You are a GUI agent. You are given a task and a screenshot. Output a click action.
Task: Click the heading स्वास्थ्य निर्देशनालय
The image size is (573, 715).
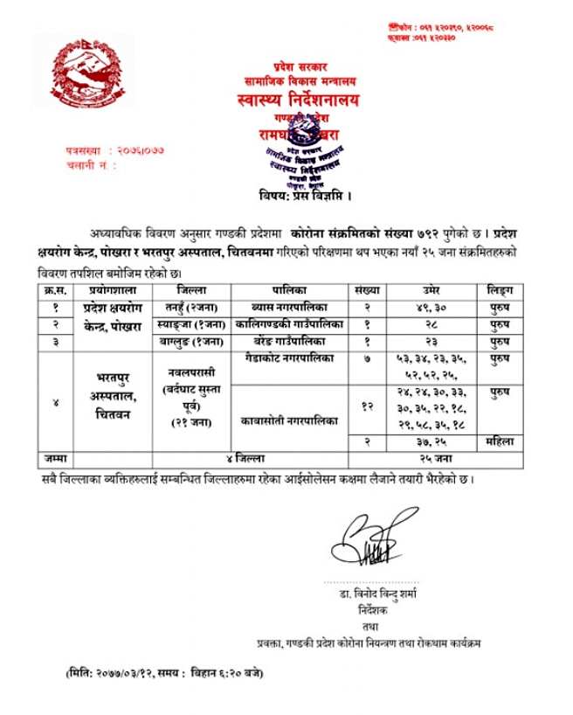click(x=287, y=102)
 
